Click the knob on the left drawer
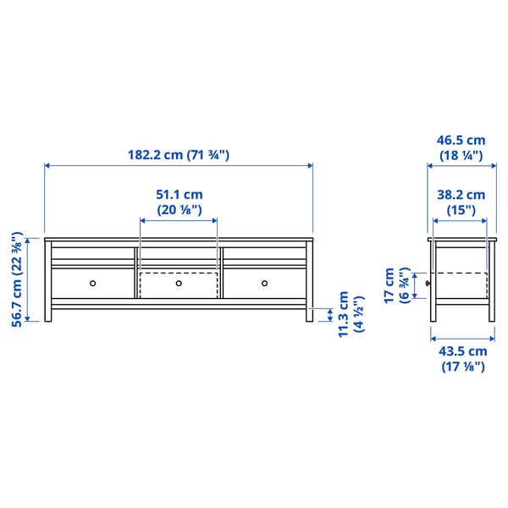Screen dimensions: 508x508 pos(94,283)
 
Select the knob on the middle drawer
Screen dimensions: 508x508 pos(179,283)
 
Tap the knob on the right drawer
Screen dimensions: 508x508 pos(264,283)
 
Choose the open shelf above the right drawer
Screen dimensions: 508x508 pos(264,253)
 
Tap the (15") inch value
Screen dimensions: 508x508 pos(461,209)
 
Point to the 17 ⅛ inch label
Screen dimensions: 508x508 pos(461,367)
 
